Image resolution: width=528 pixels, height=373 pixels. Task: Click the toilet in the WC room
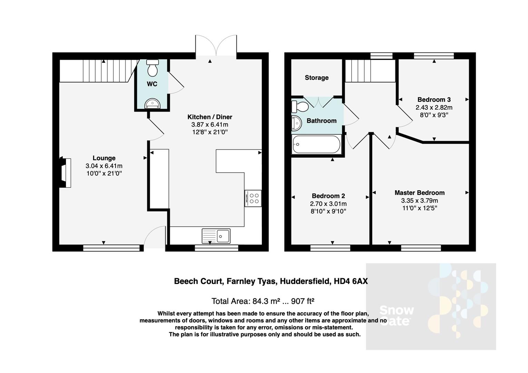click(152, 68)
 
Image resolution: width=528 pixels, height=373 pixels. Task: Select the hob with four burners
click(253, 198)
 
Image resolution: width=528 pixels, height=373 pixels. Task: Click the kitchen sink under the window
click(216, 236)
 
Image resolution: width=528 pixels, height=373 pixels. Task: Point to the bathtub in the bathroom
click(316, 144)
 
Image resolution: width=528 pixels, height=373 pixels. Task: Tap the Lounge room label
click(104, 158)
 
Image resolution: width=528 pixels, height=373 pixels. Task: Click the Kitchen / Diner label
click(209, 117)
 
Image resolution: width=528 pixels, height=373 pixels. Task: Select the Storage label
click(316, 78)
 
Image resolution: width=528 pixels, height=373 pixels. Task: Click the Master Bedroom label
click(419, 193)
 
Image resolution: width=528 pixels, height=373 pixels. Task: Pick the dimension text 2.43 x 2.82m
click(434, 107)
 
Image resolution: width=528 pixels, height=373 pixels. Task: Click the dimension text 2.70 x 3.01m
click(328, 204)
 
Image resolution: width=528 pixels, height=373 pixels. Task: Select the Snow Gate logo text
click(396, 316)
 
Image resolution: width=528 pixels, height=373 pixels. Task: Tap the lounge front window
click(111, 248)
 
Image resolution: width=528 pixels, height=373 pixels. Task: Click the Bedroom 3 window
click(434, 56)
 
